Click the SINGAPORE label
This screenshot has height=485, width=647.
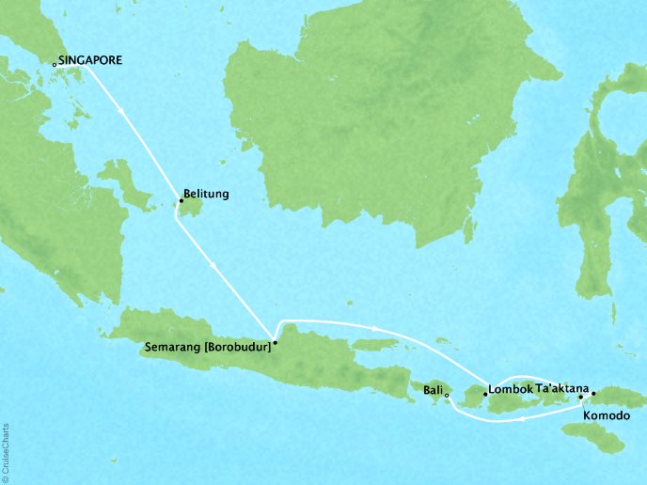[x=91, y=60]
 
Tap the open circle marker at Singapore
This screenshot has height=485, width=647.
[x=55, y=64]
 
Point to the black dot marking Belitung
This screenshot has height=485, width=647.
[x=179, y=200]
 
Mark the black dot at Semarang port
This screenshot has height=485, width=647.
[x=276, y=343]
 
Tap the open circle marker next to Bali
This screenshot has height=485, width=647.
[x=447, y=395]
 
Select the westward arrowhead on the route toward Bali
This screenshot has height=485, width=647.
[x=521, y=420]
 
